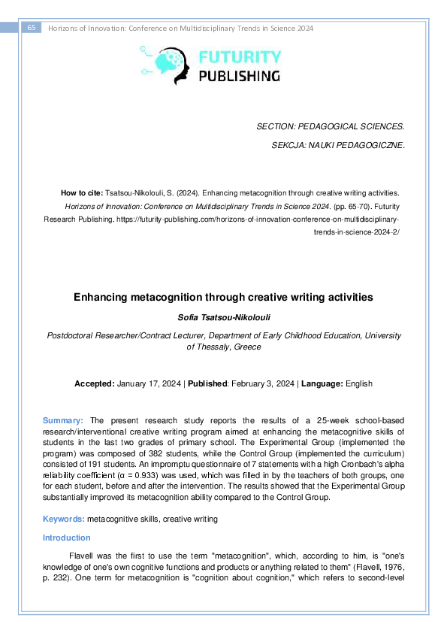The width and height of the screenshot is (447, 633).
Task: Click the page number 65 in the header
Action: [x=32, y=28]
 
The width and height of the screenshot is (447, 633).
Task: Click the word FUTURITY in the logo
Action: [x=240, y=57]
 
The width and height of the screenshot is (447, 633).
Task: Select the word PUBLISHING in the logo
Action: [x=240, y=75]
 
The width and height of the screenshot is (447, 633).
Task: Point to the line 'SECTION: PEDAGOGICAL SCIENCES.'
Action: [x=331, y=127]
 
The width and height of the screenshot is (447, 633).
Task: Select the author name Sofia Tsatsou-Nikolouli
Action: [x=223, y=317]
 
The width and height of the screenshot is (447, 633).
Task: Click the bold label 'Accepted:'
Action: [x=95, y=383]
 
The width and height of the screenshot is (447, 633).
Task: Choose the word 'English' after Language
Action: [x=358, y=383]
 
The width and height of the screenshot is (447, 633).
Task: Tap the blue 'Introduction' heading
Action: [x=66, y=538]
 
